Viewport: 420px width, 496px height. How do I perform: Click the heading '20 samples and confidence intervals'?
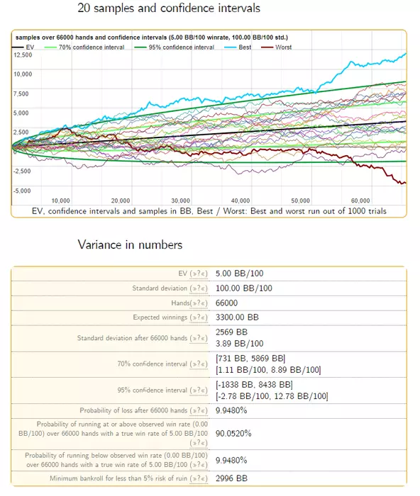click(x=169, y=9)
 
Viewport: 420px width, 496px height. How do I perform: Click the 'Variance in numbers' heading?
click(x=130, y=245)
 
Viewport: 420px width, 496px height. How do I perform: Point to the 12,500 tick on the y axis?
click(x=23, y=55)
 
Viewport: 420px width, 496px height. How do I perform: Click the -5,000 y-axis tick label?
click(x=22, y=191)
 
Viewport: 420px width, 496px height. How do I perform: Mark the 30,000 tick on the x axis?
click(x=180, y=201)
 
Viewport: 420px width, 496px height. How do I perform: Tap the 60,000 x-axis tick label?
click(x=360, y=201)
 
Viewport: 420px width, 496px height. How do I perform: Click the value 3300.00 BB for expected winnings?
click(x=237, y=317)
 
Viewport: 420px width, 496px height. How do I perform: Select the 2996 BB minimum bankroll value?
click(x=231, y=478)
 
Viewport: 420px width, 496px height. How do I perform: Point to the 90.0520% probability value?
click(x=233, y=434)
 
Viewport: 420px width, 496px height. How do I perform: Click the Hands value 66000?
click(x=226, y=303)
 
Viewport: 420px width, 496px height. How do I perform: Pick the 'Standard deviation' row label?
click(x=160, y=288)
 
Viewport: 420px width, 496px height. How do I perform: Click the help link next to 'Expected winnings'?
click(x=199, y=317)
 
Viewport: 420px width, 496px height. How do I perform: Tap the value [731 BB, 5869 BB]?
click(x=250, y=359)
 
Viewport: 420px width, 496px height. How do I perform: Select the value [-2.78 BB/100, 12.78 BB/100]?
click(x=272, y=396)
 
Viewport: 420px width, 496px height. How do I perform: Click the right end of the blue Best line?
click(x=406, y=54)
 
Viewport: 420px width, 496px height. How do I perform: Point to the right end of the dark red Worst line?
click(x=405, y=183)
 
